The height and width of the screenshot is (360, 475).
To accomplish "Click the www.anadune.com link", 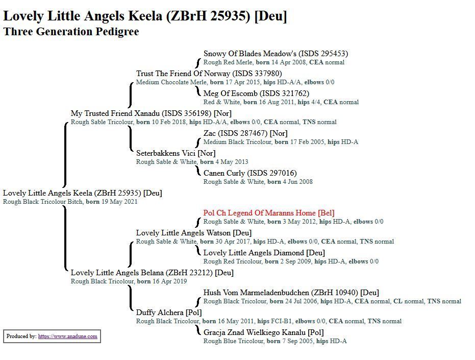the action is pos(67,337).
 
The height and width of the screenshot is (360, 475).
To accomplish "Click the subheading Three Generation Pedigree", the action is pos(71,32).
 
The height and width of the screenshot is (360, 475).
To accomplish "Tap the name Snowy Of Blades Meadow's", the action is pos(250,54).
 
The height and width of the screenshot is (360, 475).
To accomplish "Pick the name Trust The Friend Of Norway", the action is pos(183,74).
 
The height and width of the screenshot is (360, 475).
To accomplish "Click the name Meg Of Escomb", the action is pos(230,93).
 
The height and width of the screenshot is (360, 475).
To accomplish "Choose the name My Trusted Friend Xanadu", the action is pos(115,113).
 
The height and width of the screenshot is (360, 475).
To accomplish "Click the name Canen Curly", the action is pos(224,173).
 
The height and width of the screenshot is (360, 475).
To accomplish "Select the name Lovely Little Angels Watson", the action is pos(183,233).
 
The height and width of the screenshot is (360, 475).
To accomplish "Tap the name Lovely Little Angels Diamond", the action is pos(254,253).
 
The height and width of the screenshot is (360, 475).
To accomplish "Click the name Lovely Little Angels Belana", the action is pos(117,273).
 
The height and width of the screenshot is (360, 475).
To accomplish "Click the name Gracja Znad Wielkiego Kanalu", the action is pos(255,332).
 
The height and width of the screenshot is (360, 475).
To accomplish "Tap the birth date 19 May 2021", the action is pos(119,202).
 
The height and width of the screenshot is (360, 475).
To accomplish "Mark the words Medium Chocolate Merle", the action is pos(171,82).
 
